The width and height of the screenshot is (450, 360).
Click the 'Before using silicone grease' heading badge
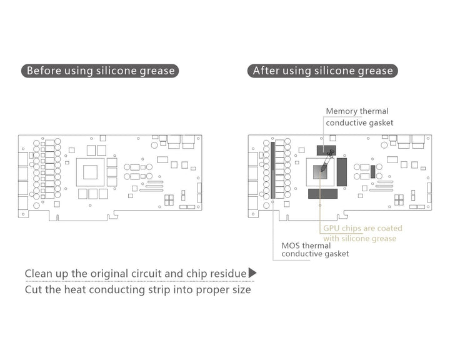pos(100,71)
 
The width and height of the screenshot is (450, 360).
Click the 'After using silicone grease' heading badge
pos(322,71)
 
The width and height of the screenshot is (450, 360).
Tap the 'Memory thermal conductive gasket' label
pos(359,117)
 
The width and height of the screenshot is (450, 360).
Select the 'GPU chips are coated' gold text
pos(362,228)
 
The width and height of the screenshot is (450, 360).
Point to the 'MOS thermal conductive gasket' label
pos(315,250)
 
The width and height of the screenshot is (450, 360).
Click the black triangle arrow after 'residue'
pos(252,272)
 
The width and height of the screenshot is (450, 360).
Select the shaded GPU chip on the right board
pos(320,172)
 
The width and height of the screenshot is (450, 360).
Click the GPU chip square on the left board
pos(90,172)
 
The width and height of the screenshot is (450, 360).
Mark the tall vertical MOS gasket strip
pos(272,169)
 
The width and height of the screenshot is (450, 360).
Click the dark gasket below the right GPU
pos(322,194)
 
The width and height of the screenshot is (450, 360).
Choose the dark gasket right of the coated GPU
pos(341,172)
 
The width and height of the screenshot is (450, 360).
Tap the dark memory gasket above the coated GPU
pos(326,151)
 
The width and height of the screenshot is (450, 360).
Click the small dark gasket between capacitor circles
pos(372,171)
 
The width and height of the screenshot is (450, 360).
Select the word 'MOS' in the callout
pos(291,246)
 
